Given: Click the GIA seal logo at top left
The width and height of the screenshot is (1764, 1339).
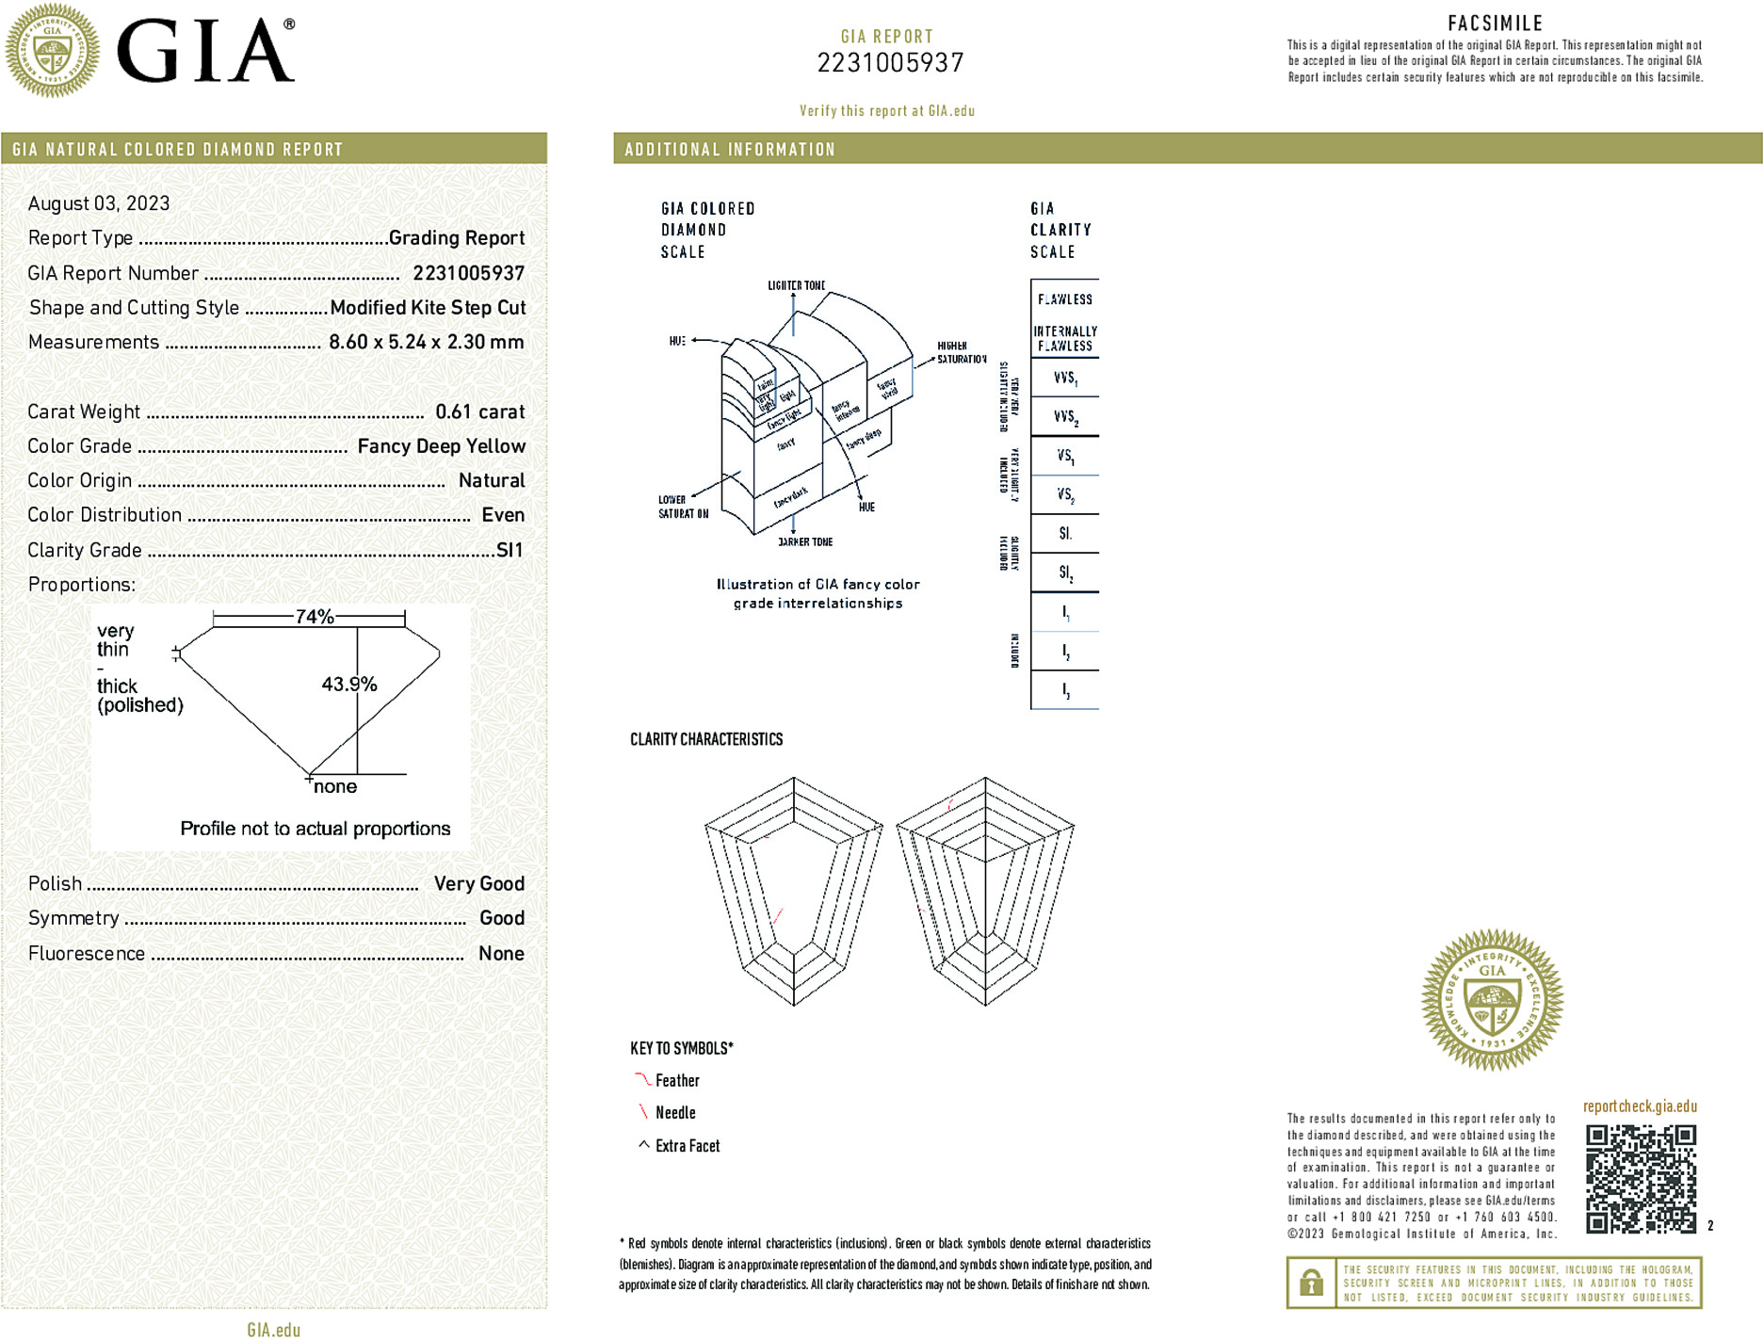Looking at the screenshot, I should [52, 50].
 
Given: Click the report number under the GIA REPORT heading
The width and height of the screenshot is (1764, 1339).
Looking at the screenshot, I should [890, 63].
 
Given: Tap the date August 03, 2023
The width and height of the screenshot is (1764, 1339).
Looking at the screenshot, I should [99, 203].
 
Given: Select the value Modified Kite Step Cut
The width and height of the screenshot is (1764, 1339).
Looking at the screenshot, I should [428, 308].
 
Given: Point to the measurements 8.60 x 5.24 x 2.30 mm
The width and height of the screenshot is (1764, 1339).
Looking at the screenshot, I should [426, 342].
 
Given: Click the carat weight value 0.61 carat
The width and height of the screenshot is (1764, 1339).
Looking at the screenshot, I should [479, 411].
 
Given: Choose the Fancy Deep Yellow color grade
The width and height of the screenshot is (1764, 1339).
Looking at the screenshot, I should [441, 446].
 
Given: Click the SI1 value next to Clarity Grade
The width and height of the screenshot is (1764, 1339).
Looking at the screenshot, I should [510, 550].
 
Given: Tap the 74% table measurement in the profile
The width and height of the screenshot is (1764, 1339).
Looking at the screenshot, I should [315, 617].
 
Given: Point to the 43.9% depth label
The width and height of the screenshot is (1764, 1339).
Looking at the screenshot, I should [348, 685].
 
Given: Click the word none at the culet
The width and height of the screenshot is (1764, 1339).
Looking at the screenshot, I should [335, 787].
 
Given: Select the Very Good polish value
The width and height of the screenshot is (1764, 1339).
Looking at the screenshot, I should [478, 883].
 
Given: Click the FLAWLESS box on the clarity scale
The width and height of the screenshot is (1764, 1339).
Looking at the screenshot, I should [1065, 299].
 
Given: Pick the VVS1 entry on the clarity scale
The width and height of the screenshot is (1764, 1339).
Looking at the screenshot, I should [1065, 378].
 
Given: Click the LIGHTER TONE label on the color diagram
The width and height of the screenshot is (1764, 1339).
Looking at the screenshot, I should [796, 285].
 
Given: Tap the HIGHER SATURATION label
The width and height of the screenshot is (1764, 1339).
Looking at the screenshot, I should [961, 352].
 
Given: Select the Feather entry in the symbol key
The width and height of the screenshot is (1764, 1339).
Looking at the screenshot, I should [677, 1081].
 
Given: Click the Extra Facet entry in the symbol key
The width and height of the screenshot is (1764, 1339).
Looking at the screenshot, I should [687, 1146].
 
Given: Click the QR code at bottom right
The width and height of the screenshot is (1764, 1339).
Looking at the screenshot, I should [1640, 1179].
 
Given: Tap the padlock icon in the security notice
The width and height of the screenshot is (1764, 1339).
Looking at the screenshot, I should [1311, 1283].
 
